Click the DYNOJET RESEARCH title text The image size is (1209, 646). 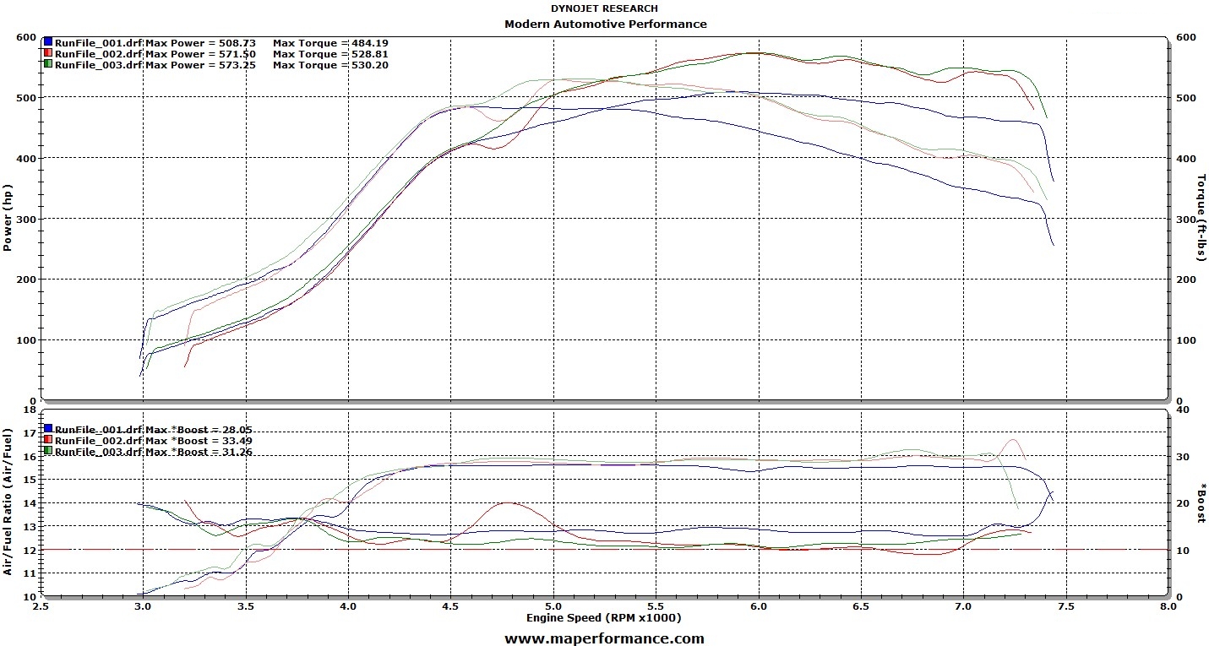click(x=604, y=8)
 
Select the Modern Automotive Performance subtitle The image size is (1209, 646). click(x=605, y=24)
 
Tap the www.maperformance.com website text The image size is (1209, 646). click(x=604, y=639)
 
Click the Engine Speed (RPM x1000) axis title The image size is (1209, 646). click(x=603, y=618)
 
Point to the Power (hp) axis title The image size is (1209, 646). click(x=8, y=219)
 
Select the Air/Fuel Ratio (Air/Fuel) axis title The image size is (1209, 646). click(x=8, y=502)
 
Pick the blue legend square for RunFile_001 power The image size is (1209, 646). click(x=48, y=42)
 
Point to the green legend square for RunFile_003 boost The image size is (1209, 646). click(x=48, y=452)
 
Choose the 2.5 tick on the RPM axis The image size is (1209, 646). click(x=40, y=606)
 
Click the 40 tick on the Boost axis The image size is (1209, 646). click(x=1183, y=410)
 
